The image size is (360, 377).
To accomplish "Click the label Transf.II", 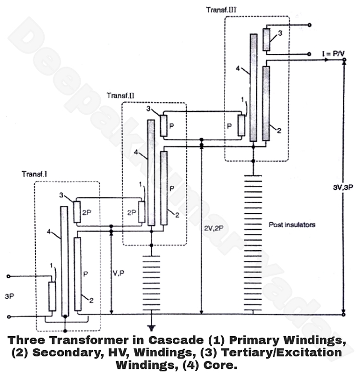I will (120, 96).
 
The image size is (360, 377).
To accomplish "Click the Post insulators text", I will (292, 224).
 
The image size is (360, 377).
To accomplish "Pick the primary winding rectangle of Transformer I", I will (52, 296).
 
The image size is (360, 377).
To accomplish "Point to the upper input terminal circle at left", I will (8, 276).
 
